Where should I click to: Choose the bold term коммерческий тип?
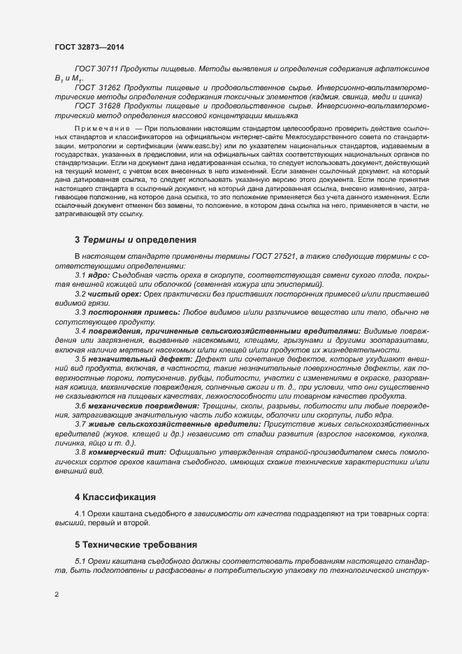[127, 453]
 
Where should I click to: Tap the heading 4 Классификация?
[115, 498]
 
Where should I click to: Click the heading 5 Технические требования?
[136, 544]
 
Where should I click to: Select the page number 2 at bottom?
[57, 595]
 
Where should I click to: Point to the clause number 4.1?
[80, 514]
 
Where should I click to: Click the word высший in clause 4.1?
[68, 523]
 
